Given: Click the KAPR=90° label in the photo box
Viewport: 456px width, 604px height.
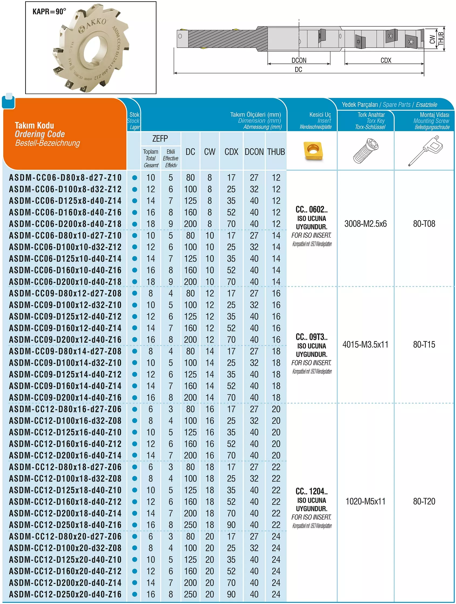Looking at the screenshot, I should [49, 12].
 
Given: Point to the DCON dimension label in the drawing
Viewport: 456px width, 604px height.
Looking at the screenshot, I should [299, 60].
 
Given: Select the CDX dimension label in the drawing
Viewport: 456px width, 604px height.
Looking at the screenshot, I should [386, 60].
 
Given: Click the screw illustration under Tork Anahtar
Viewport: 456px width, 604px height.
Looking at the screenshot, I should [365, 151].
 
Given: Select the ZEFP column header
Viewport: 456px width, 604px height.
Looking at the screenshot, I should [160, 139].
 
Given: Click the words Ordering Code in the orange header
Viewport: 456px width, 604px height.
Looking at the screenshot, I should [40, 134].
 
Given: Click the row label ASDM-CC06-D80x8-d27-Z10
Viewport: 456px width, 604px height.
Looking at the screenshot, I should [65, 178].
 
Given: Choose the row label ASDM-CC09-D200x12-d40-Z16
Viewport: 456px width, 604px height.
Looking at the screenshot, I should [65, 340].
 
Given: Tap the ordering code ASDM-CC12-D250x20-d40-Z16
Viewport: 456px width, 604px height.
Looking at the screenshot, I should [65, 594].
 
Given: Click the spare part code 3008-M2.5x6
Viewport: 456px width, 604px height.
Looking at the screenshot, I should [365, 224].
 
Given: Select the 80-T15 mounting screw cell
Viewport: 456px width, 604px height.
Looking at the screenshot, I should [424, 345].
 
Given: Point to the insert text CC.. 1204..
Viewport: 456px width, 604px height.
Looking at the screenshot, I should [311, 491].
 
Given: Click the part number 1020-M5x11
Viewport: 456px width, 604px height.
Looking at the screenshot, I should [365, 501].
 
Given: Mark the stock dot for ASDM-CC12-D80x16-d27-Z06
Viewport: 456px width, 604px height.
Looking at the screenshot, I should [135, 409].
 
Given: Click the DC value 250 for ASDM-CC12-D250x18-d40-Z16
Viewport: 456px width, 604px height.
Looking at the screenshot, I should [190, 525].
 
